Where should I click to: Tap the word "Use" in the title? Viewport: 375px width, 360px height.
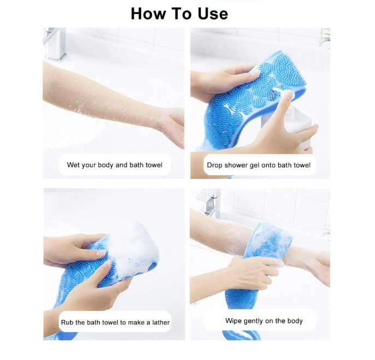(210, 13)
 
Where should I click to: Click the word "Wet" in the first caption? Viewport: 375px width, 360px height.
(73, 165)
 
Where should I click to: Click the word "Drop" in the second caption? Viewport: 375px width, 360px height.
(215, 165)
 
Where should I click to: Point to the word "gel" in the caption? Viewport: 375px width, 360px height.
(254, 165)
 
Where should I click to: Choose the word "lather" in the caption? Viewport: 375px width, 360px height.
(160, 323)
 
